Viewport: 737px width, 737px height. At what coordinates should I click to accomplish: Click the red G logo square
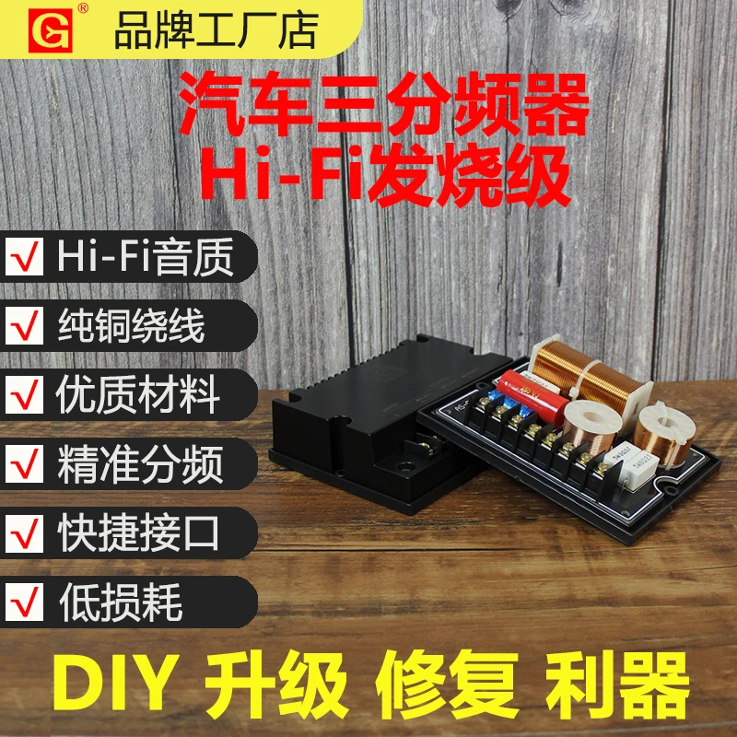(x=51, y=30)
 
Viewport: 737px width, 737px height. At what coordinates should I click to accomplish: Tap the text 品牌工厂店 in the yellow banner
(x=216, y=30)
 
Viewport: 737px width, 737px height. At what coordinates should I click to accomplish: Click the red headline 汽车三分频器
(x=383, y=105)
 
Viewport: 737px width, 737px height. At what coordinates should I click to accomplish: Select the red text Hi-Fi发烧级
(x=385, y=175)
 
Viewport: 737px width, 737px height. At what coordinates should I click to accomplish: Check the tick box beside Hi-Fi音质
(x=25, y=257)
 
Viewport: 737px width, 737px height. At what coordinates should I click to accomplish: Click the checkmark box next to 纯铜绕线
(x=25, y=326)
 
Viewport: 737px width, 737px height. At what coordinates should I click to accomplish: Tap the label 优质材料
(x=137, y=395)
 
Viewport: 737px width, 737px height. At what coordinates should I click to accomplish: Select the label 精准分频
(x=140, y=464)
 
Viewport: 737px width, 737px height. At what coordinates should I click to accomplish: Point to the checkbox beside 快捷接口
(x=25, y=533)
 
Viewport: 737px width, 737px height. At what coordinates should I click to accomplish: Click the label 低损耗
(x=121, y=602)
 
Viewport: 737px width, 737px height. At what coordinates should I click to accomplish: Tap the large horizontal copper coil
(x=590, y=373)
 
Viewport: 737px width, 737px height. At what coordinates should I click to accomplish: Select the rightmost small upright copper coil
(x=663, y=433)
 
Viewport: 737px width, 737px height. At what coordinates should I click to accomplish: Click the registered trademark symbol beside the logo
(x=83, y=8)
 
